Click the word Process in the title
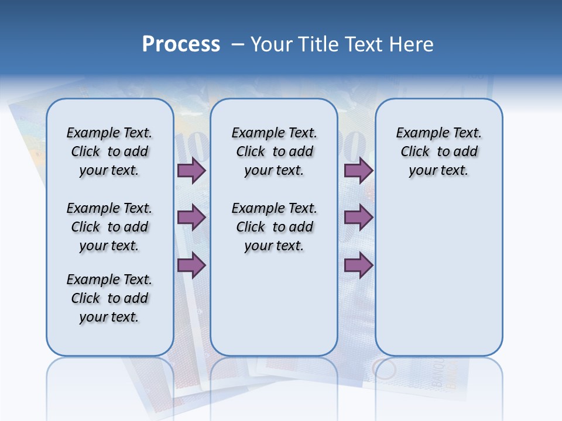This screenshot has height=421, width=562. pyautogui.click(x=181, y=44)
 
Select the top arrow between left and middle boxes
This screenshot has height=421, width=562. pyautogui.click(x=191, y=170)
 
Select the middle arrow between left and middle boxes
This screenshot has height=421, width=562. pyautogui.click(x=191, y=218)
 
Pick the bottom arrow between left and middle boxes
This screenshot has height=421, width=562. pyautogui.click(x=191, y=265)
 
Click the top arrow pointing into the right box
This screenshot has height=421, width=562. pyautogui.click(x=358, y=170)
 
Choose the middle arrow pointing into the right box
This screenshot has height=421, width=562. pyautogui.click(x=358, y=218)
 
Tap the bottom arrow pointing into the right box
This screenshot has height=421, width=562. pyautogui.click(x=358, y=265)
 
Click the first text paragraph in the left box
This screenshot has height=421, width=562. pyautogui.click(x=109, y=151)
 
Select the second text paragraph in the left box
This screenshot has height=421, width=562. pyautogui.click(x=109, y=227)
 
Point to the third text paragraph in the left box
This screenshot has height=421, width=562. pyautogui.click(x=109, y=298)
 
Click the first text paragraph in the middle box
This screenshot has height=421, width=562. pyautogui.click(x=274, y=151)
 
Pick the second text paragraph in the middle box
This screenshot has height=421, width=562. pyautogui.click(x=274, y=227)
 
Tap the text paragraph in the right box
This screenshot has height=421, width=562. pyautogui.click(x=438, y=151)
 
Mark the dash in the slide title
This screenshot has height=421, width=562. pyautogui.click(x=238, y=44)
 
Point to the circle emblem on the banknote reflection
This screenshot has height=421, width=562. pyautogui.click(x=384, y=370)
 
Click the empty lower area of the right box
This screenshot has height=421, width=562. pyautogui.click(x=438, y=281)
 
